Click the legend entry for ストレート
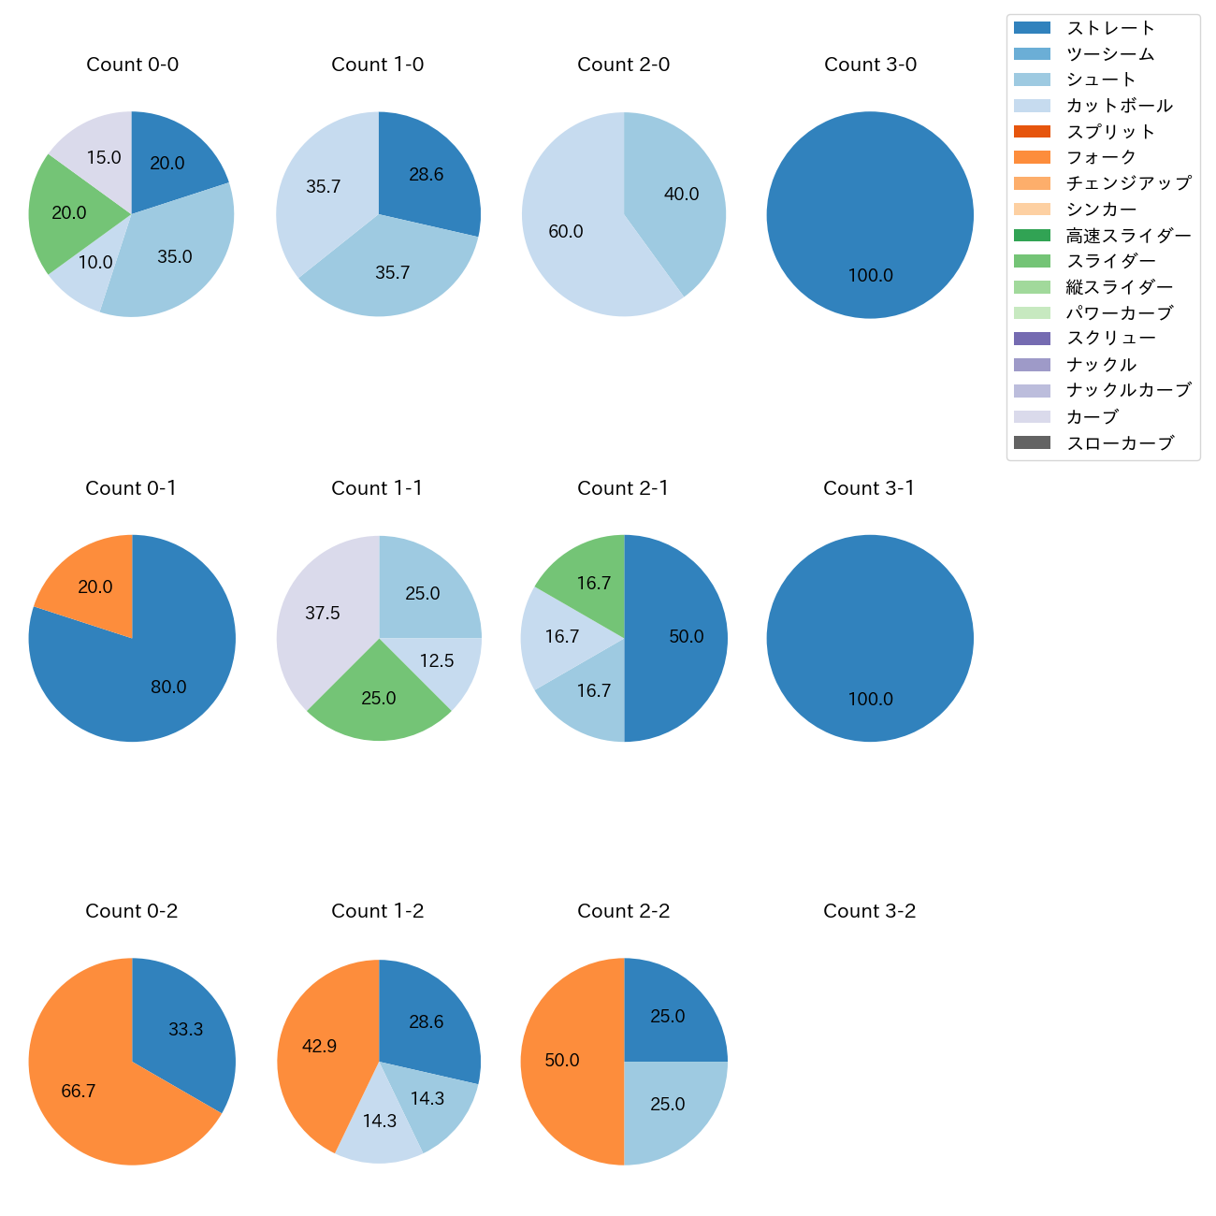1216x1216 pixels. [1110, 28]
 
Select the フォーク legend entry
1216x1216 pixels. [1101, 157]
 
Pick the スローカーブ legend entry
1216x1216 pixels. [1120, 443]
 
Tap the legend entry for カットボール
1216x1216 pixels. [1119, 106]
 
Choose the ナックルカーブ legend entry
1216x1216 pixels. [1128, 391]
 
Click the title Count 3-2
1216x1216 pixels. [869, 911]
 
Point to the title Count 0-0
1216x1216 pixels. [132, 65]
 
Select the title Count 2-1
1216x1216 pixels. [623, 488]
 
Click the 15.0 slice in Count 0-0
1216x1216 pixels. [97, 154]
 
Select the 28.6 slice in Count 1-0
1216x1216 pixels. [426, 173]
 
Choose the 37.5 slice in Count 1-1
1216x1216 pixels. [323, 613]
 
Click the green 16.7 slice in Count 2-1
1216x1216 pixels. [589, 580]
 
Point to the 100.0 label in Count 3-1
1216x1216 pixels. [870, 699]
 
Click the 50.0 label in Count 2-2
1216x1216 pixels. [562, 1061]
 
